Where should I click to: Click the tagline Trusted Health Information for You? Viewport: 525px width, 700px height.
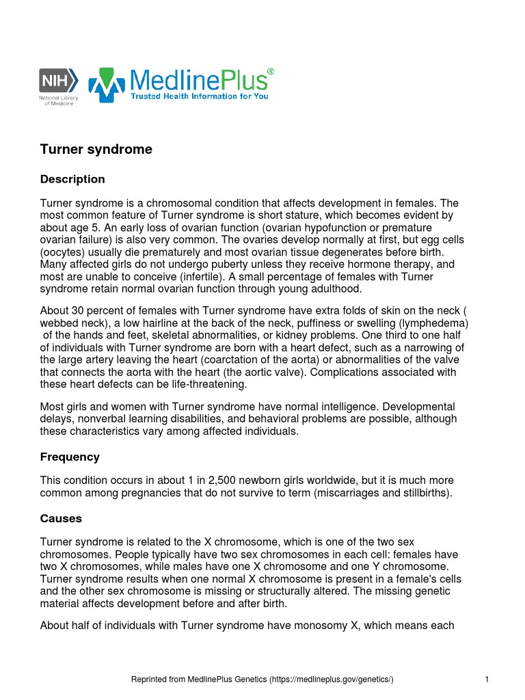200,96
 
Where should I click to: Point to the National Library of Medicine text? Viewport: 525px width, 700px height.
59,100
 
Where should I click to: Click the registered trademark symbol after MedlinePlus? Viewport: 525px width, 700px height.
271,71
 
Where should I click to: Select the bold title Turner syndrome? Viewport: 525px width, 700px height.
96,149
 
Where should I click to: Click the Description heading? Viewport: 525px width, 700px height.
72,179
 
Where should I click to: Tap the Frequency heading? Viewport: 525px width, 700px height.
70,457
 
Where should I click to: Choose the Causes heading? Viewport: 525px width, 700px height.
61,518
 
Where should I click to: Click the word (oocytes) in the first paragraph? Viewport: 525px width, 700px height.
63,252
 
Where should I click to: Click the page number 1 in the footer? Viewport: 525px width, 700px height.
486,679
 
